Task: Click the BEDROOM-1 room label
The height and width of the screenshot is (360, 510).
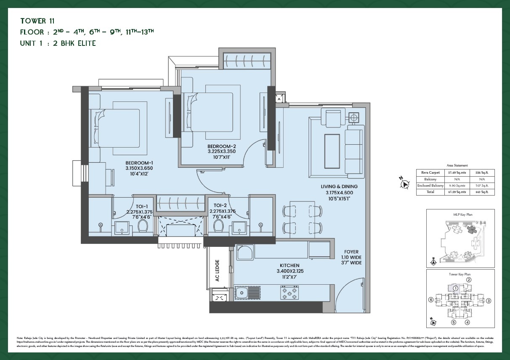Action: pos(139,163)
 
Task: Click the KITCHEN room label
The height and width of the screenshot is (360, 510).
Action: pos(290,265)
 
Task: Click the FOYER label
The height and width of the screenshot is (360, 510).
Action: pos(351,252)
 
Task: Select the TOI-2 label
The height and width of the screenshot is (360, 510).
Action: pos(220,206)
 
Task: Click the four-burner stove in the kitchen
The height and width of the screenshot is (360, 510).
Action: pos(290,292)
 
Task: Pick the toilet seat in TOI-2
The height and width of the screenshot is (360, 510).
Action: pos(218,226)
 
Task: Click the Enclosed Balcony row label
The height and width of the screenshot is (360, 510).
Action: pos(430,185)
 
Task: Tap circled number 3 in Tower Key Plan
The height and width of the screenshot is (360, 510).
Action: pos(489,301)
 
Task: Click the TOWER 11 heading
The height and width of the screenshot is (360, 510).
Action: pos(37,21)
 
